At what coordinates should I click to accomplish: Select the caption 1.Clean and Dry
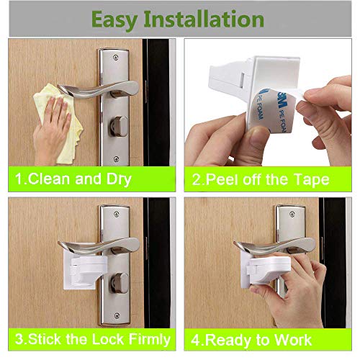point(76,179)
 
